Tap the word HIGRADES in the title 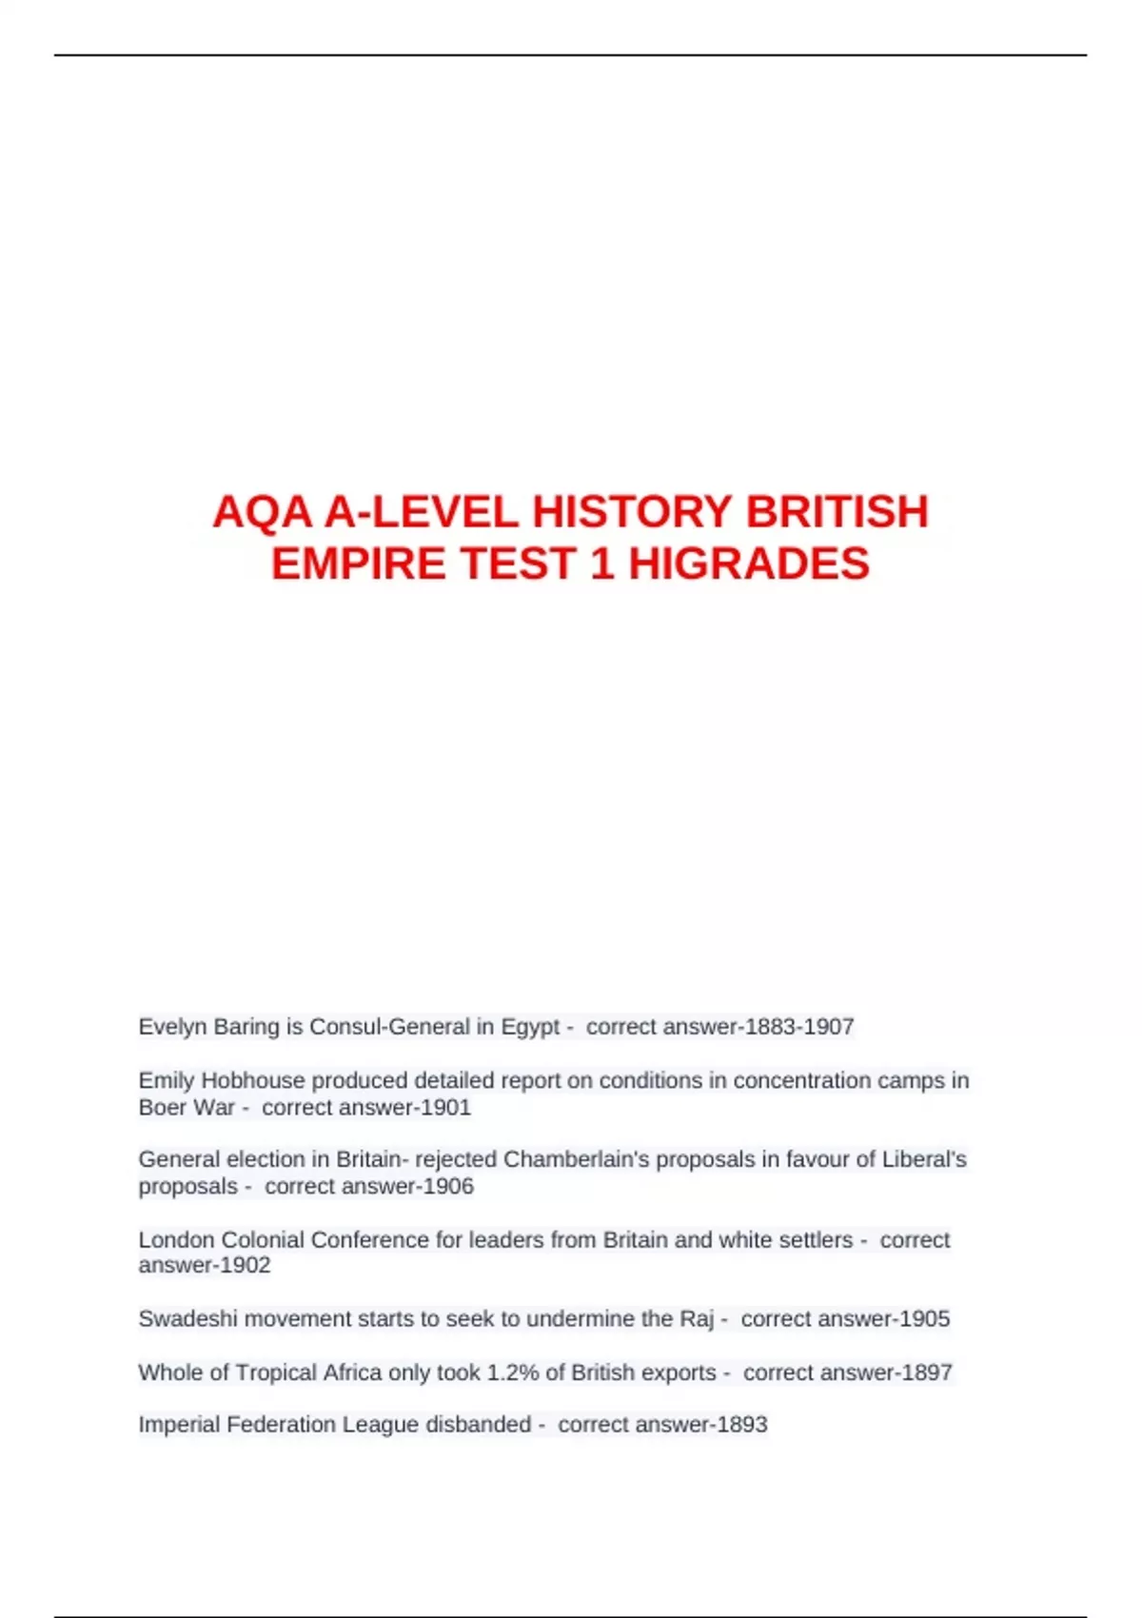tap(748, 563)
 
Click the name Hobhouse tap(252, 1080)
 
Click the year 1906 tap(448, 1186)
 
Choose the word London tap(176, 1239)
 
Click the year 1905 tap(924, 1318)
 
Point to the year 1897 tap(927, 1372)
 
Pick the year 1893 tap(741, 1424)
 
